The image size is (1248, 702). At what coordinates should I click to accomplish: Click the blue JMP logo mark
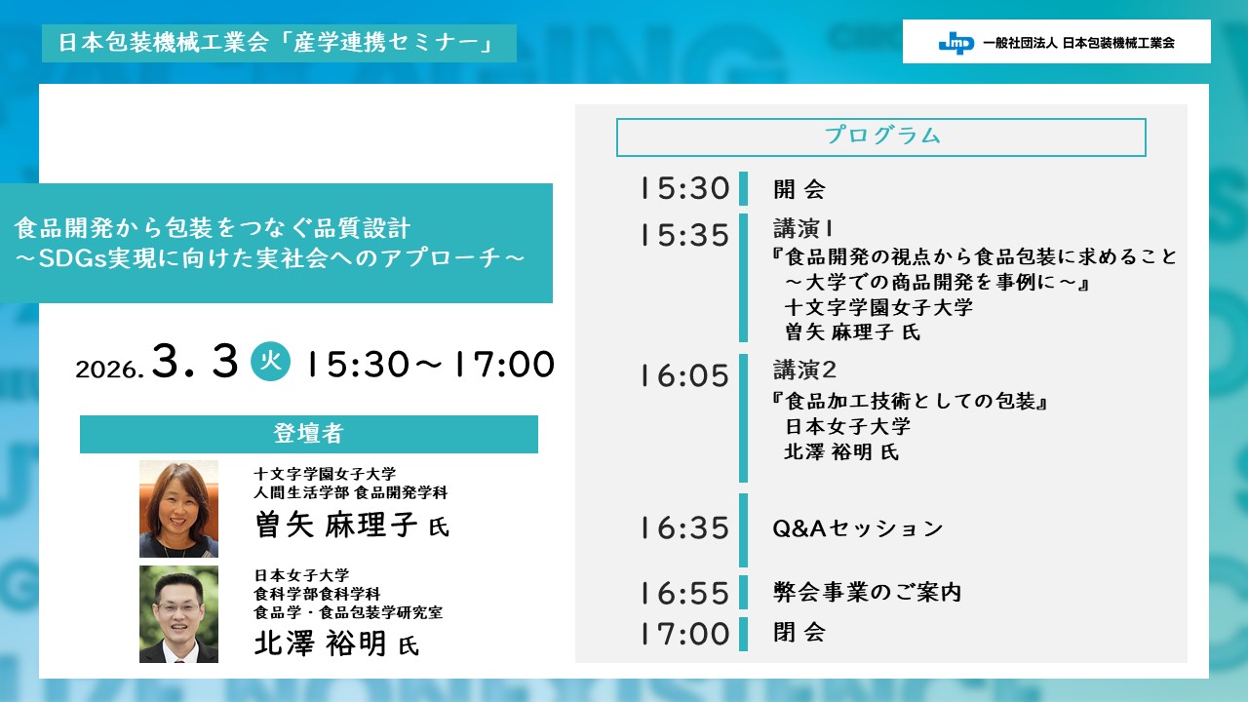(x=956, y=42)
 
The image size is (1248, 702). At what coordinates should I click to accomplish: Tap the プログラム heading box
(x=880, y=137)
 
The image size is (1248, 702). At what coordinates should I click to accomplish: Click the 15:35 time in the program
(x=684, y=235)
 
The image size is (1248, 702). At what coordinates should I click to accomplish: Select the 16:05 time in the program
(x=684, y=375)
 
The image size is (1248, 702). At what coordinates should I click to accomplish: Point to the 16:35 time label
(x=684, y=527)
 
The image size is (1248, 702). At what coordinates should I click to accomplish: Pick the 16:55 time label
(x=684, y=593)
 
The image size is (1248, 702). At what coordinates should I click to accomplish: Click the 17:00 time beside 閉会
(x=684, y=634)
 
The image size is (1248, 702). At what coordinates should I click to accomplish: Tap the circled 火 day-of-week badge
(x=270, y=361)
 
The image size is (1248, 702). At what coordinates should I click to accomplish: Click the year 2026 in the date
(x=108, y=370)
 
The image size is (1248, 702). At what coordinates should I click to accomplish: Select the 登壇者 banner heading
(x=309, y=434)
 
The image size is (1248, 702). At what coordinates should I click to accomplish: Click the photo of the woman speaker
(x=178, y=509)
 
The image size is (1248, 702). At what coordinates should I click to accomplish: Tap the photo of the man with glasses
(x=178, y=614)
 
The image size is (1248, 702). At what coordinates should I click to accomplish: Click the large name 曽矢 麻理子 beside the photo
(x=336, y=525)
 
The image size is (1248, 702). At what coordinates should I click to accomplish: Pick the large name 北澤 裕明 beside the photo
(x=321, y=643)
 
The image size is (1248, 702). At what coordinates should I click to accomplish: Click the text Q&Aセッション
(x=857, y=528)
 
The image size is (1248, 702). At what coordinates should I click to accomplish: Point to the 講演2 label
(x=804, y=370)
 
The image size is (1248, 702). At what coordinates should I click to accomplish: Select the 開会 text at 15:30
(x=799, y=189)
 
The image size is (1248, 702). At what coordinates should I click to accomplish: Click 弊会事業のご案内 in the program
(x=867, y=592)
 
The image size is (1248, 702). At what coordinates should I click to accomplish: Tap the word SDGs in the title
(x=72, y=258)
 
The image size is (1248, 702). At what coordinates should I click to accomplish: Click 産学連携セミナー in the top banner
(x=384, y=42)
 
